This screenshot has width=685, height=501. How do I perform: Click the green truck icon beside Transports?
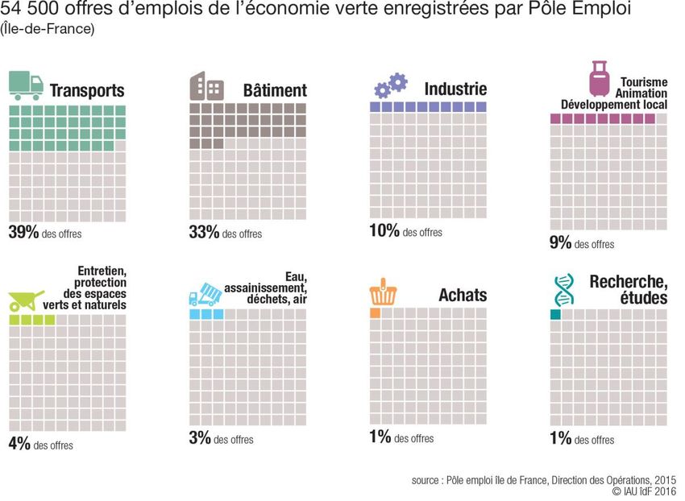click(27, 85)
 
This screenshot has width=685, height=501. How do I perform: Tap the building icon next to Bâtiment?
click(207, 87)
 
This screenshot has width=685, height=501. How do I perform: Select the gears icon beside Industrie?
click(391, 85)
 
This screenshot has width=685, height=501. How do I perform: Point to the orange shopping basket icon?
click(380, 294)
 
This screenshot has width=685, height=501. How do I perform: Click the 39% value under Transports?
click(23, 233)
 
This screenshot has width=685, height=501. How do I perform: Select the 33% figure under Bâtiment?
click(204, 233)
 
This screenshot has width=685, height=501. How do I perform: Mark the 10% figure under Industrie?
click(384, 231)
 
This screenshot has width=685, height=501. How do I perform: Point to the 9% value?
click(560, 242)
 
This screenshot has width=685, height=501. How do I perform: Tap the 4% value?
click(19, 444)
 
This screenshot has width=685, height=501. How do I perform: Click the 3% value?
click(199, 438)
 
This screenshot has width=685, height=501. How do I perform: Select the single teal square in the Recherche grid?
click(555, 314)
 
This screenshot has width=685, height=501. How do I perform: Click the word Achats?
click(463, 295)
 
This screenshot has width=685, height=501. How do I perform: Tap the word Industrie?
click(455, 89)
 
